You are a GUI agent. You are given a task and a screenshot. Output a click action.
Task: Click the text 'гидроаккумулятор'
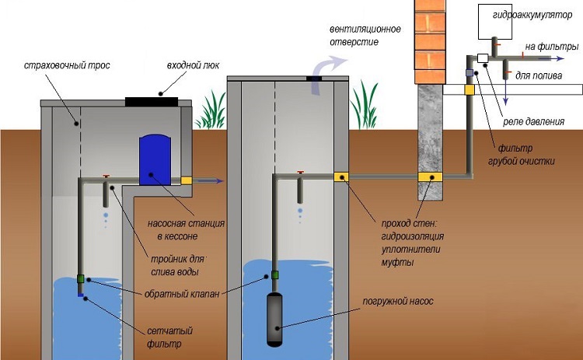click(531, 15)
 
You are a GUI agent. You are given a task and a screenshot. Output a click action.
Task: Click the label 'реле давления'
click(536, 121)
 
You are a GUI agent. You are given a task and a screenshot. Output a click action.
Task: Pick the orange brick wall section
click(431, 43)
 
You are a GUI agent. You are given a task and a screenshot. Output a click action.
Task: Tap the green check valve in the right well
click(275, 274)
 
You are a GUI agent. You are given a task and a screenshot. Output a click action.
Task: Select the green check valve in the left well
click(80, 278)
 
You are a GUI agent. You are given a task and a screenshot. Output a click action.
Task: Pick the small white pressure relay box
click(483, 58)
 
